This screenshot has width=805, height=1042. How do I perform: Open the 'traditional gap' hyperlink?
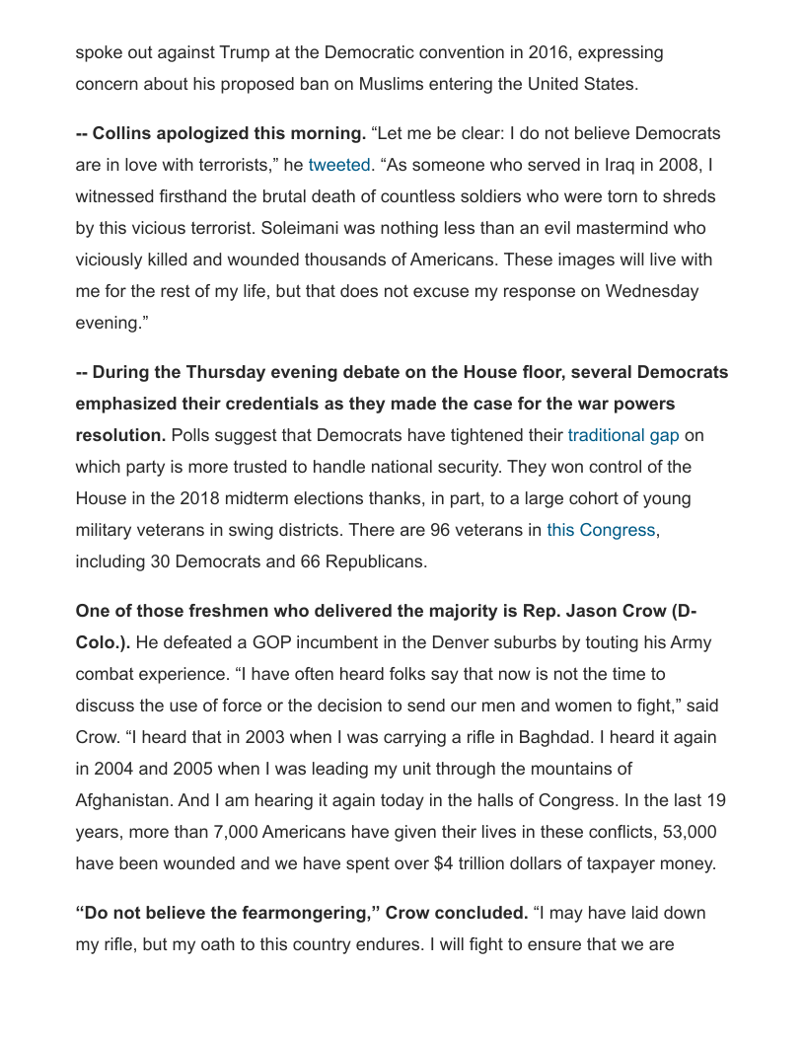(623, 435)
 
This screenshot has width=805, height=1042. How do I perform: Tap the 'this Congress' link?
(601, 530)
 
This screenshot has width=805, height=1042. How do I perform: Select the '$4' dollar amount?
(444, 863)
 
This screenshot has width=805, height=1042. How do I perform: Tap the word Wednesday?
(652, 291)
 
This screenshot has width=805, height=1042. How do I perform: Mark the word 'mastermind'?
(606, 228)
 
